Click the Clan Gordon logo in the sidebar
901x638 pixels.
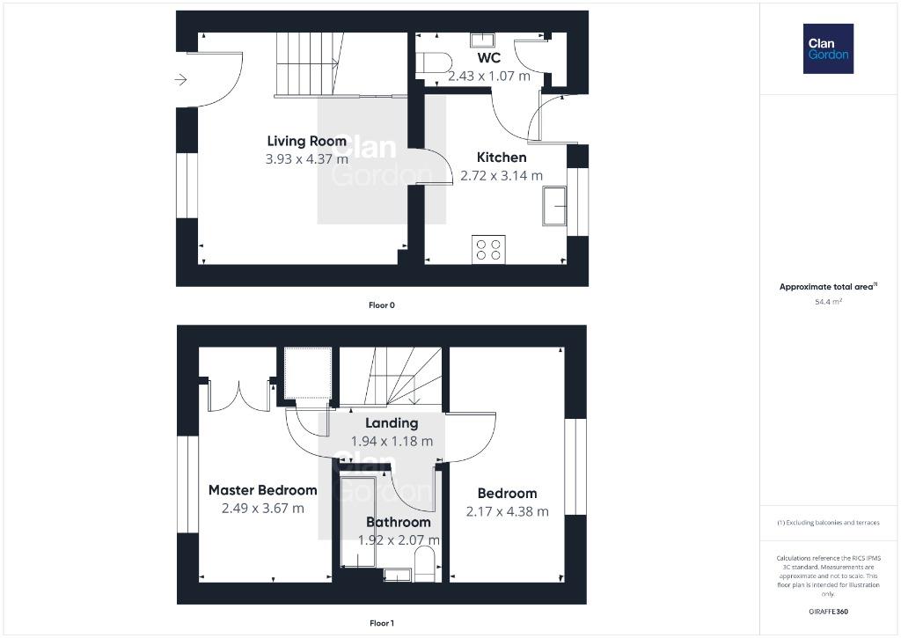(828, 49)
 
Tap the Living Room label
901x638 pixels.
(307, 142)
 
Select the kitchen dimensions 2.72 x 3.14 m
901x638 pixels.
(501, 176)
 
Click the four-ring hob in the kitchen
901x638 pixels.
(488, 249)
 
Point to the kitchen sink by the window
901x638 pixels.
(554, 206)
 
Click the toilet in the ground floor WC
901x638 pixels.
(434, 62)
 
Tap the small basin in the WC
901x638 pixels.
(482, 40)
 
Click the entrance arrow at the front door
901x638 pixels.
(181, 79)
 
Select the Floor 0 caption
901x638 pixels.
(382, 305)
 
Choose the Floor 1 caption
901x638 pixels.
(382, 623)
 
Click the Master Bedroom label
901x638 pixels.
(262, 490)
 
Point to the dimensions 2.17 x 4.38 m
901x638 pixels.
(508, 511)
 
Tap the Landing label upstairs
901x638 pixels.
(392, 423)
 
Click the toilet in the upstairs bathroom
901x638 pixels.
(425, 564)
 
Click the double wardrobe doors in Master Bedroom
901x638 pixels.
(238, 395)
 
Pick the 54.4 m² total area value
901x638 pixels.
(828, 301)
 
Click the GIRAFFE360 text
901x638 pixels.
(828, 612)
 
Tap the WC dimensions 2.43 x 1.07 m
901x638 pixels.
(489, 76)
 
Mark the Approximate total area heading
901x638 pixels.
(828, 286)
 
